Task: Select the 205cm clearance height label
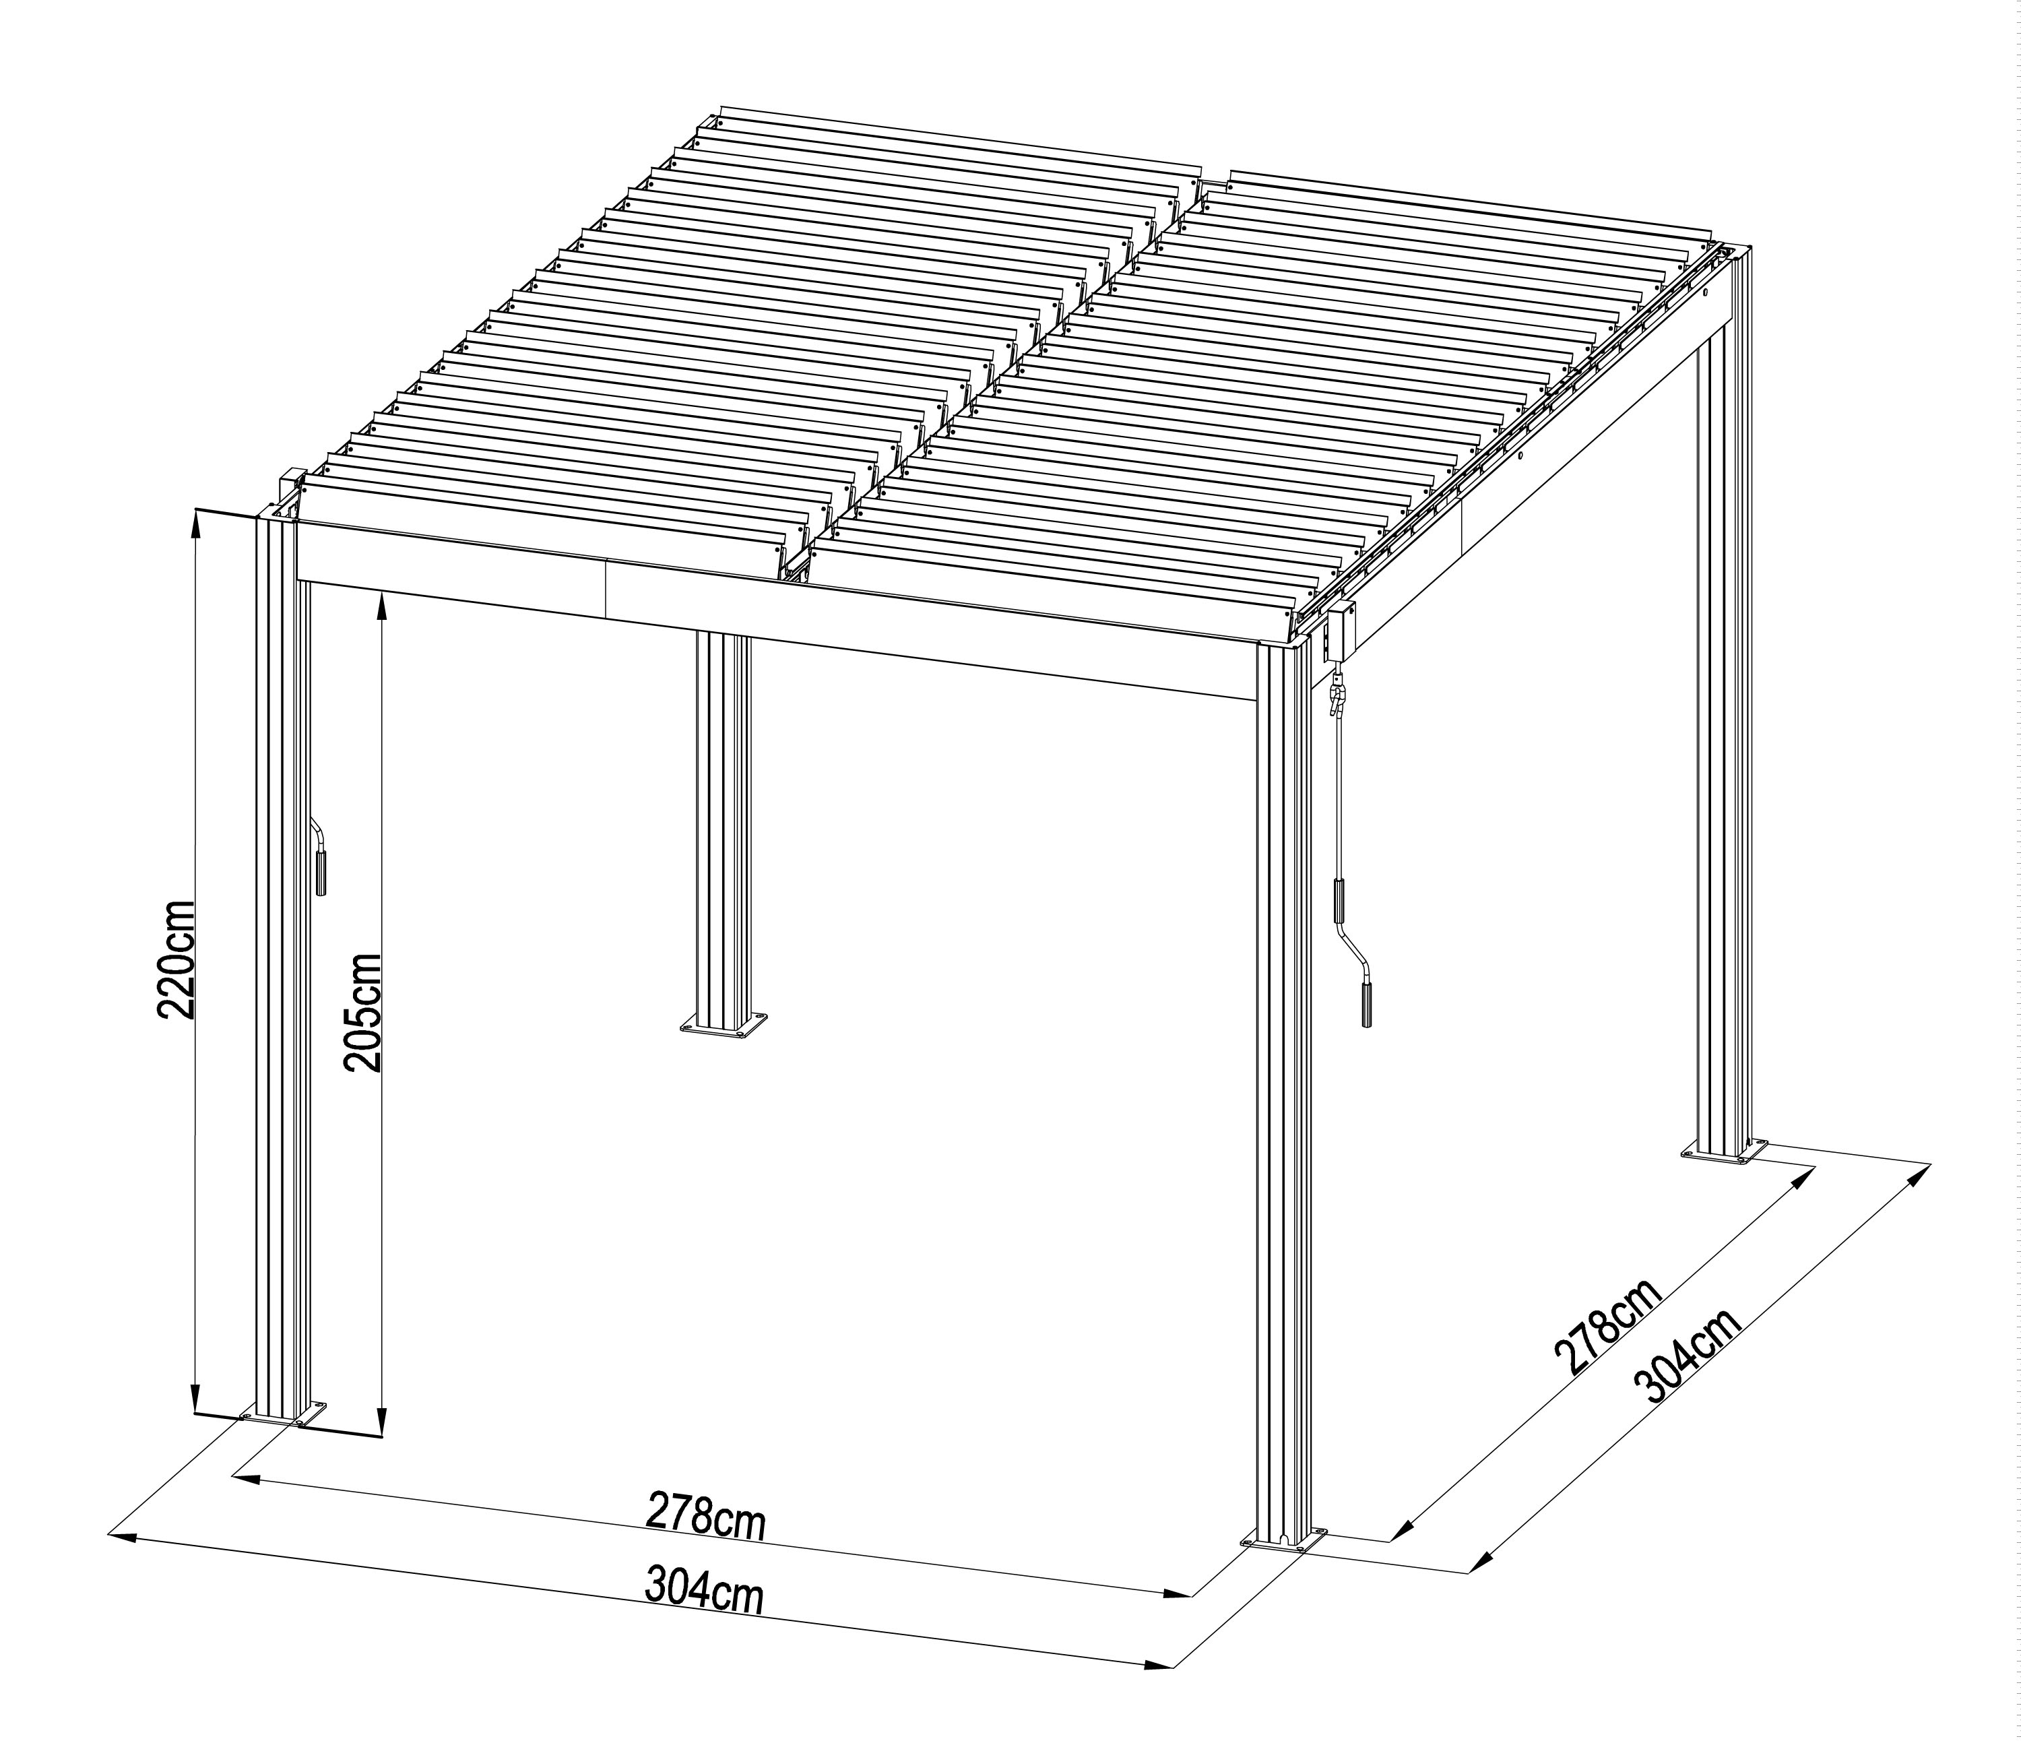pos(363,1013)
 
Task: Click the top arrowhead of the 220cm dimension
pos(195,524)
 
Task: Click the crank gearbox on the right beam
pos(1338,629)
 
